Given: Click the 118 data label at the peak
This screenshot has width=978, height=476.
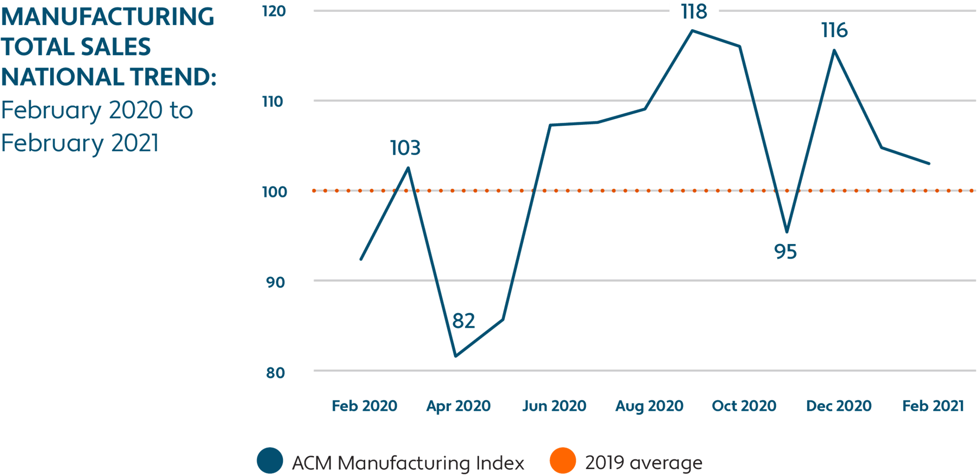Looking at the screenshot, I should click(x=694, y=11).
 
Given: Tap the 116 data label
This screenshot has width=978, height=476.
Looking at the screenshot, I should click(x=835, y=31).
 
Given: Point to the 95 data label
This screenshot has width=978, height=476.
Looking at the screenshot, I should click(x=785, y=252).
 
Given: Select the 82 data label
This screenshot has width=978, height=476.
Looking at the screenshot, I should click(x=463, y=321).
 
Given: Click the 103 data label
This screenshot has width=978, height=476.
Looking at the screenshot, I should click(x=405, y=148).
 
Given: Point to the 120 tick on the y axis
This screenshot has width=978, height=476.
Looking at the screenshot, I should click(x=274, y=11).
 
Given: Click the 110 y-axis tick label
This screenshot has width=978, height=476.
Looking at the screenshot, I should click(x=273, y=102).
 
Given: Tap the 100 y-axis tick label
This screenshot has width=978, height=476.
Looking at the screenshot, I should click(x=274, y=192).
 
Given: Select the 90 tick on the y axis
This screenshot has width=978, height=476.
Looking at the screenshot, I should click(x=275, y=283).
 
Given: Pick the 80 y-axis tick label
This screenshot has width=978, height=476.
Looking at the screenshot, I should click(x=275, y=373).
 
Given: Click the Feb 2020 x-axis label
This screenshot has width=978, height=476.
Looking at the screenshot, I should click(x=365, y=406).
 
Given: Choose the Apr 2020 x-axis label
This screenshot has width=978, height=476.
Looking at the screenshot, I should click(x=458, y=406).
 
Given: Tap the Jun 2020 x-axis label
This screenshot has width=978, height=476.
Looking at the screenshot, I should click(x=554, y=406).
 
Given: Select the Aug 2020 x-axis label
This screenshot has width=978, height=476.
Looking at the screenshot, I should click(x=649, y=406).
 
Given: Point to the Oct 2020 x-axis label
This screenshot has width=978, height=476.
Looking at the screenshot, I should click(x=744, y=406).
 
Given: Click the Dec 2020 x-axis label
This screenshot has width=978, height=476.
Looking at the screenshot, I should click(x=839, y=406).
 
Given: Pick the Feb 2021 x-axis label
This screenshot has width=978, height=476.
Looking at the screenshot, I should click(x=933, y=406).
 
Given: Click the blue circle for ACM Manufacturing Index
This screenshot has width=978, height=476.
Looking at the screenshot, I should click(x=270, y=460).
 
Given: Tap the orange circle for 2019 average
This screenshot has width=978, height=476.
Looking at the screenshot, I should click(x=563, y=460).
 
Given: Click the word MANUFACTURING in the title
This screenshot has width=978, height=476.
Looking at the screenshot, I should click(x=107, y=17).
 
